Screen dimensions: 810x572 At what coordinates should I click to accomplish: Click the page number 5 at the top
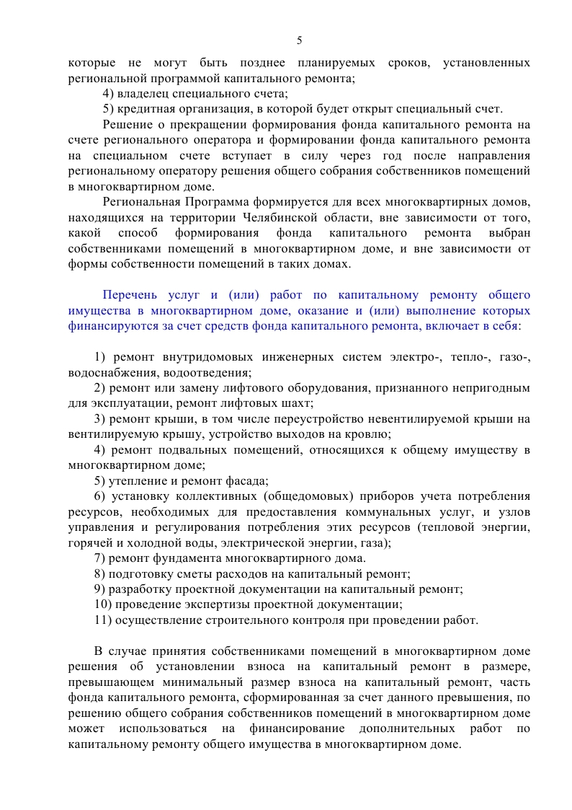click(299, 40)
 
